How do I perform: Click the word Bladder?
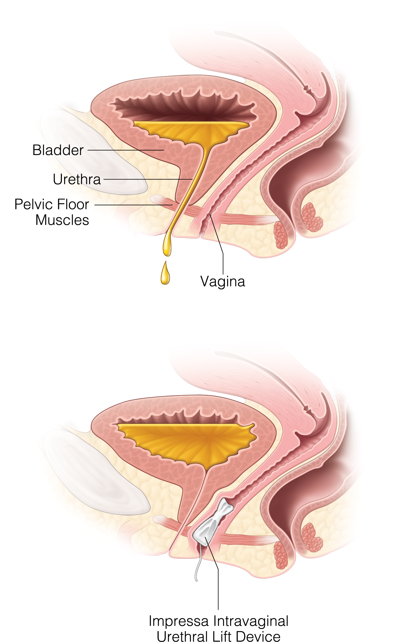58,150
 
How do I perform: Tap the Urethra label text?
77,179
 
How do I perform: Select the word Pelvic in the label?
32,204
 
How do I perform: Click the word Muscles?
62,220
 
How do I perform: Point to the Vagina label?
223,281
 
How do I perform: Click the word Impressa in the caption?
179,621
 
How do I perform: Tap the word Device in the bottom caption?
258,636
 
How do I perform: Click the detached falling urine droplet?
165,274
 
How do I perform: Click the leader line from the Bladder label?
125,150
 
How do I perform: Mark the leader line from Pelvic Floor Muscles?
134,205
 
